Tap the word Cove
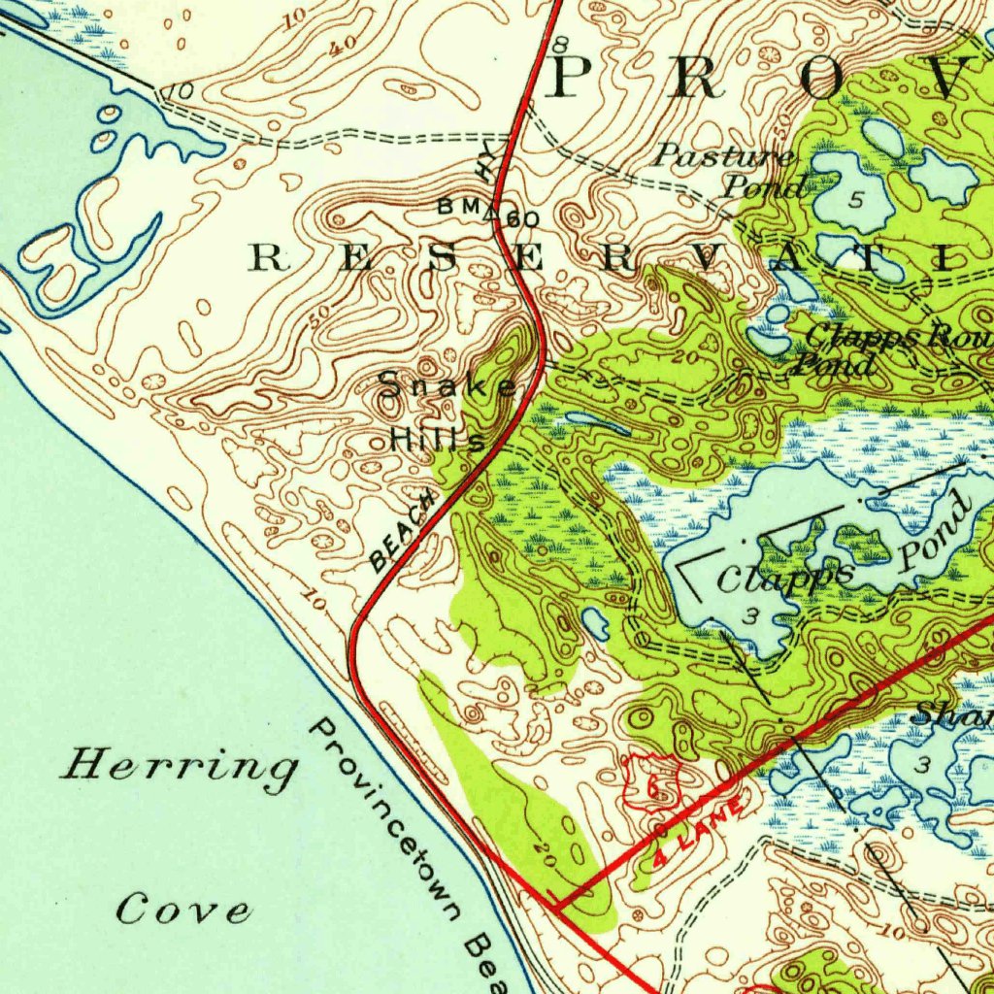[x=183, y=911]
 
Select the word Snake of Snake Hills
[x=447, y=387]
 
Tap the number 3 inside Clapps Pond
[x=750, y=616]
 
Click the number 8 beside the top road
[x=560, y=45]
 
